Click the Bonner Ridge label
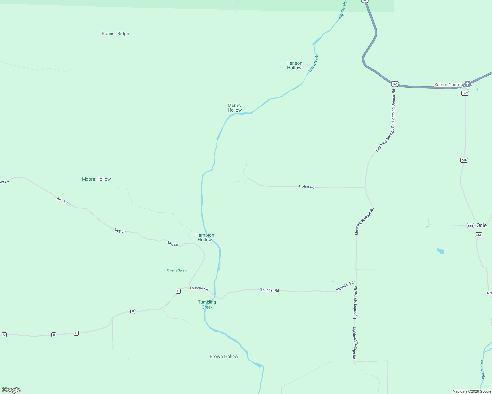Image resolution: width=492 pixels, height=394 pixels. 115,33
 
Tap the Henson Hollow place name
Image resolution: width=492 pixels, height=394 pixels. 294,65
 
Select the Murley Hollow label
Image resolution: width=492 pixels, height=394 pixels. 234,108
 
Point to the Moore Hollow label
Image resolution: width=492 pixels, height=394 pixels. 96,179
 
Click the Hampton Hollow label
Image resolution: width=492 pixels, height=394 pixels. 205,237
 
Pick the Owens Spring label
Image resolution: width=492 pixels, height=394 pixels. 177,270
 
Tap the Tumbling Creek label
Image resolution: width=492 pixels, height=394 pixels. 207,304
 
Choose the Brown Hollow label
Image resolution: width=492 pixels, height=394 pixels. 224,356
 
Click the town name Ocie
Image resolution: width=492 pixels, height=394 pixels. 481,225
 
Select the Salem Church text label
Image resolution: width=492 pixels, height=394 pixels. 448,85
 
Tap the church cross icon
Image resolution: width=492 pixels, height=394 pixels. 467,84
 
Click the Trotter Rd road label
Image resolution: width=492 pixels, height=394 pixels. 306,186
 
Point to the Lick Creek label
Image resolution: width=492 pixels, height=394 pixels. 483,369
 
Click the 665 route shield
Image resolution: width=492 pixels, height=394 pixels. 470,225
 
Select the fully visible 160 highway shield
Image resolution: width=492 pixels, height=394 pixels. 395,84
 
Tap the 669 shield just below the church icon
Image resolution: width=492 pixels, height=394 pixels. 465,93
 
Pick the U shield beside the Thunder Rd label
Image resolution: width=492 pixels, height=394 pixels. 178,291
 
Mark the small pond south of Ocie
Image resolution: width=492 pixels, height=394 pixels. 440,251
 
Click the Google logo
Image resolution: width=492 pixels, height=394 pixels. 11,390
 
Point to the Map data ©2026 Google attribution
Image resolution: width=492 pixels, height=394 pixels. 472,391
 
